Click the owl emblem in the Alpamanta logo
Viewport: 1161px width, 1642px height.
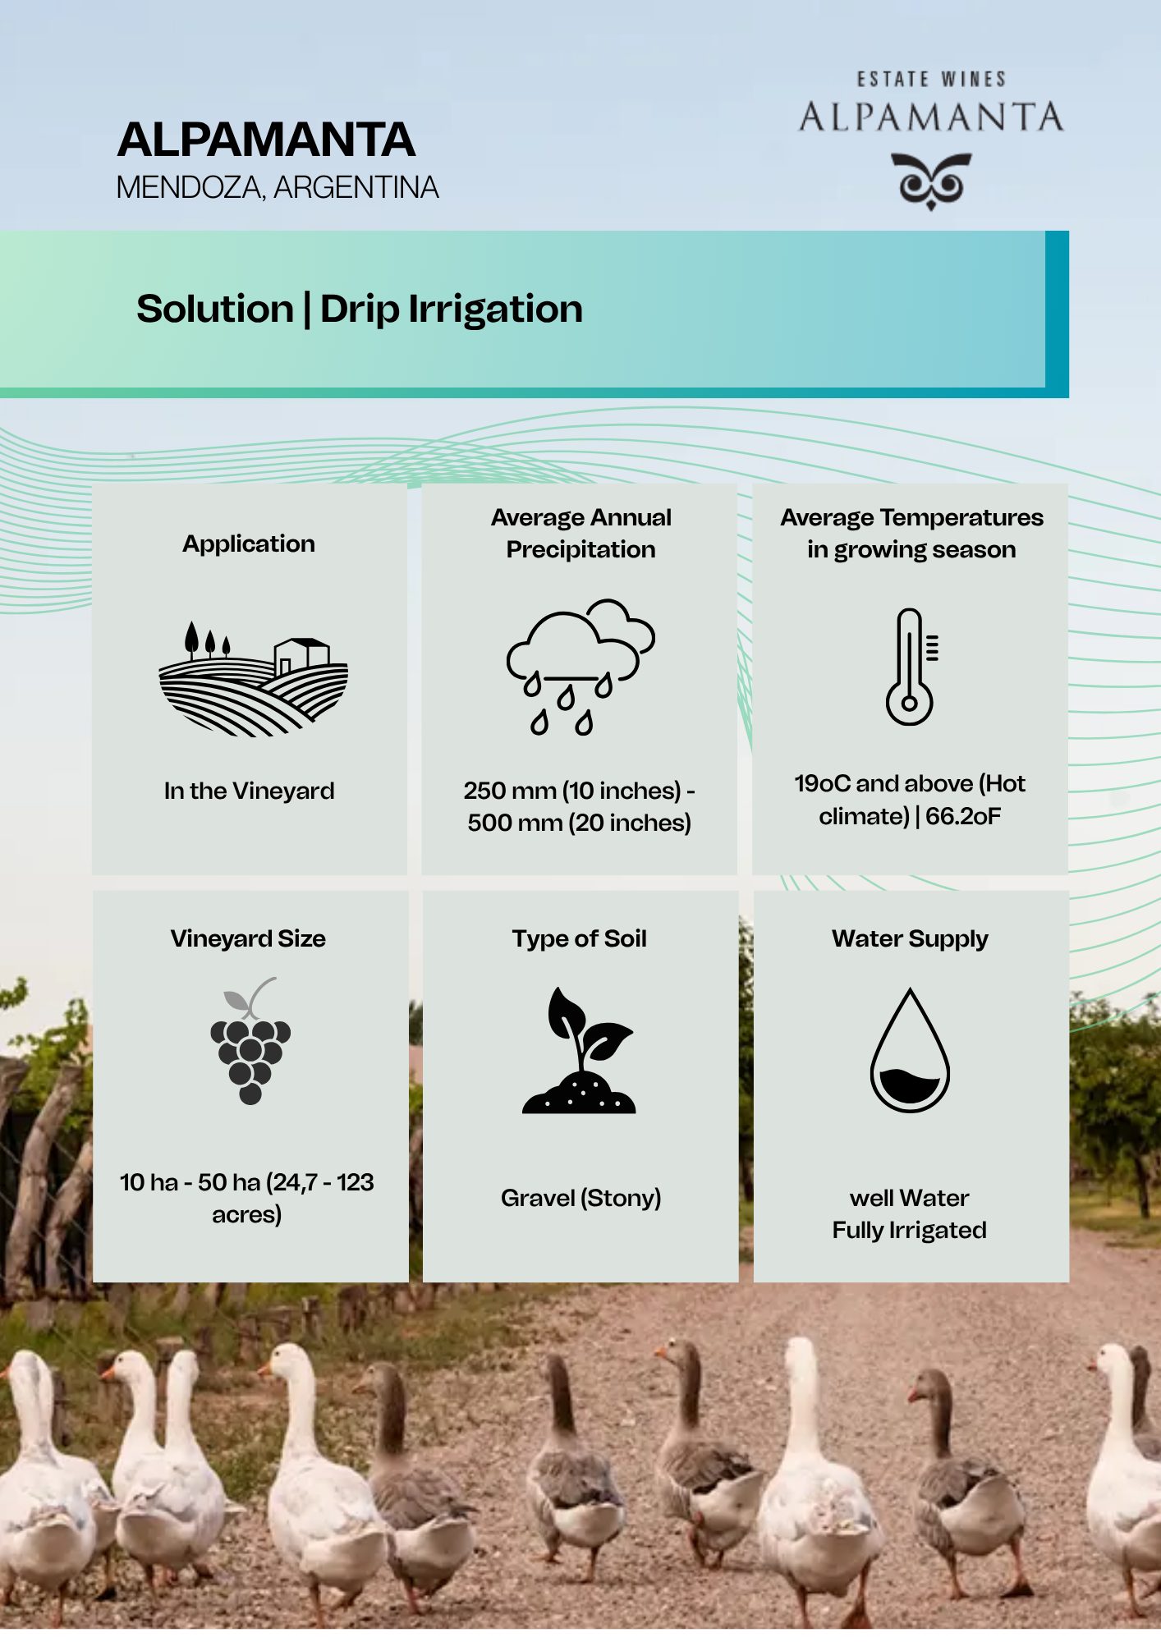click(x=931, y=181)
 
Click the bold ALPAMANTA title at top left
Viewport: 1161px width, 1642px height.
click(x=266, y=140)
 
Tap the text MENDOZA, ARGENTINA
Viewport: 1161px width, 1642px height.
click(x=278, y=188)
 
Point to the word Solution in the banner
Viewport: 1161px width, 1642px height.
click(x=215, y=310)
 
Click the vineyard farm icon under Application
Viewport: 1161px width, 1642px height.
click(x=254, y=678)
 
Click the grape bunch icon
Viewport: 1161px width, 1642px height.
click(x=250, y=1040)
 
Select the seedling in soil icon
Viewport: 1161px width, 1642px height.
click(x=580, y=1050)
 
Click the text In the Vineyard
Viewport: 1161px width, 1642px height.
click(x=250, y=791)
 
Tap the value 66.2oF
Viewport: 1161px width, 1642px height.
click(x=963, y=816)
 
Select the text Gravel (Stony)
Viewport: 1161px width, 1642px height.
click(x=581, y=1199)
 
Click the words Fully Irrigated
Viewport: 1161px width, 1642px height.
click(x=910, y=1230)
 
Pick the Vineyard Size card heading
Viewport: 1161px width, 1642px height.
click(x=248, y=939)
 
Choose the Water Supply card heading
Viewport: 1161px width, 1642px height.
click(x=910, y=939)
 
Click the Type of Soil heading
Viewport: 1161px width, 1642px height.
click(x=580, y=939)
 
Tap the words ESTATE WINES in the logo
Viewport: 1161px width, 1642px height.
click(x=931, y=80)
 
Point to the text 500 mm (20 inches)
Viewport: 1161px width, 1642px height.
click(x=580, y=823)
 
